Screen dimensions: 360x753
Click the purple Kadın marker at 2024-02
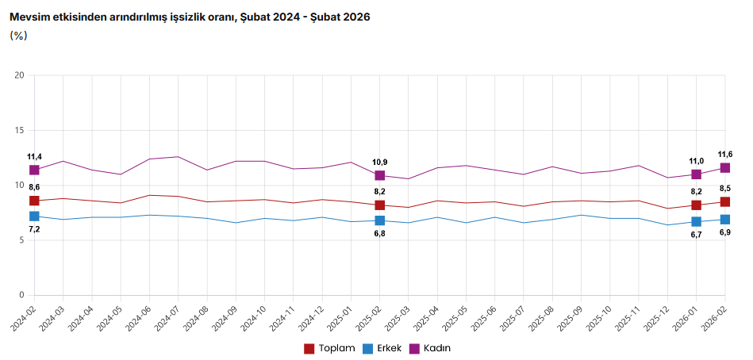point(34,170)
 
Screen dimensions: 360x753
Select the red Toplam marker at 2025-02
point(380,205)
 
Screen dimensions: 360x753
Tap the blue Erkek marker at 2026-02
point(725,220)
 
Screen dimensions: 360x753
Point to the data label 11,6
point(725,154)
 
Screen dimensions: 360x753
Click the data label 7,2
point(34,229)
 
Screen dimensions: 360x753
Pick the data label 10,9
point(380,162)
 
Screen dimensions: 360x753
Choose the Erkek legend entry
point(383,348)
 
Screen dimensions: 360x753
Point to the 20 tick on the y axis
point(20,75)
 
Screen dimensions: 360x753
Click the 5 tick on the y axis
point(22,240)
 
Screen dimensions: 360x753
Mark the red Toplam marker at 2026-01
point(696,205)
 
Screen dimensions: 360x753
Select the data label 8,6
point(34,186)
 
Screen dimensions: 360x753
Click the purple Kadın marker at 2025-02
point(380,175)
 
